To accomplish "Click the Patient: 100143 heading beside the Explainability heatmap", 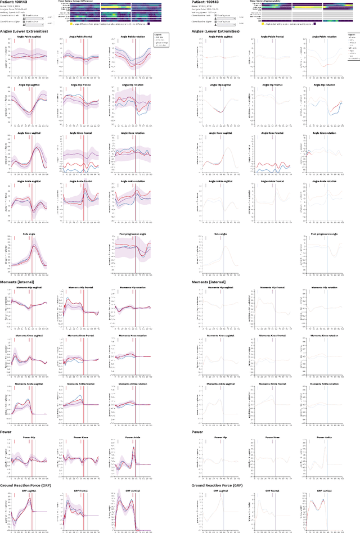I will (x=210, y=2).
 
